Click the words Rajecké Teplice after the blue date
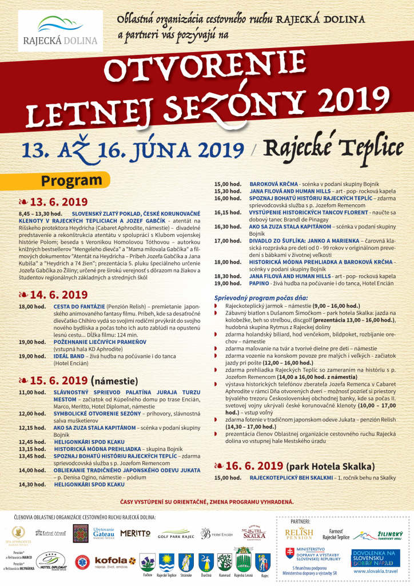click(335, 148)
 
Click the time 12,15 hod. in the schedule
click(32, 427)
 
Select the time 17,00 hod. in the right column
click(227, 241)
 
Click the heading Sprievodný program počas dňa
click(261, 298)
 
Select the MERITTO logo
click(136, 533)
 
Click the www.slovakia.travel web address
click(375, 570)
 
